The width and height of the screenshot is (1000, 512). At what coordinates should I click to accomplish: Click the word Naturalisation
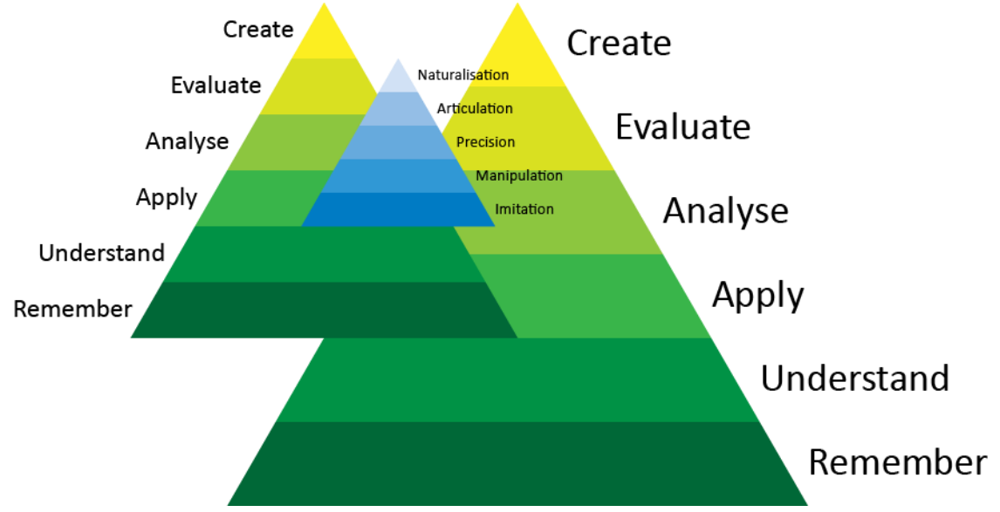pyautogui.click(x=462, y=75)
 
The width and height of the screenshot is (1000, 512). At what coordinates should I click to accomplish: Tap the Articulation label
pyautogui.click(x=475, y=108)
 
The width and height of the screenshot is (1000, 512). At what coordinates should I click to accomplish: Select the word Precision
pyautogui.click(x=485, y=141)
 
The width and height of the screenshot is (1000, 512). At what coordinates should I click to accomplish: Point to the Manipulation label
pyautogui.click(x=518, y=175)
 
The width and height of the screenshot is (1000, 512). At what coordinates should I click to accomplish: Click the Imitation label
pyautogui.click(x=524, y=209)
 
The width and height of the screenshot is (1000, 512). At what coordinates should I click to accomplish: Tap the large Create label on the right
pyautogui.click(x=619, y=43)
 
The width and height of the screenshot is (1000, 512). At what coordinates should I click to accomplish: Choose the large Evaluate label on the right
pyautogui.click(x=682, y=127)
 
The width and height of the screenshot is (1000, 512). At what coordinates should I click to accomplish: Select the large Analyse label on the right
pyautogui.click(x=725, y=211)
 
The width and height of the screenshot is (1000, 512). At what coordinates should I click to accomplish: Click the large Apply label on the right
pyautogui.click(x=757, y=297)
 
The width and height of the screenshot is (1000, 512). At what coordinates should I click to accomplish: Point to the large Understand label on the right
pyautogui.click(x=854, y=379)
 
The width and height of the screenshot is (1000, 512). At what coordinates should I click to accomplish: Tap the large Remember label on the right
pyautogui.click(x=898, y=462)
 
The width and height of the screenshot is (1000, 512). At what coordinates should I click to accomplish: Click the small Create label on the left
pyautogui.click(x=258, y=29)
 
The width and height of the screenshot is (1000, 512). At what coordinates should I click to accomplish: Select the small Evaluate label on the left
pyautogui.click(x=216, y=85)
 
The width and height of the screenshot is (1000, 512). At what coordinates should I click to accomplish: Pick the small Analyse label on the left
pyautogui.click(x=187, y=140)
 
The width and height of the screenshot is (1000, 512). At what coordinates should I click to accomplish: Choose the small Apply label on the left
pyautogui.click(x=167, y=198)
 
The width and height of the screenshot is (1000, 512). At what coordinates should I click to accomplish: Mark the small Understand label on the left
pyautogui.click(x=101, y=253)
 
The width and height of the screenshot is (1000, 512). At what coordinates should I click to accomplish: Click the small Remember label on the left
pyautogui.click(x=72, y=309)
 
